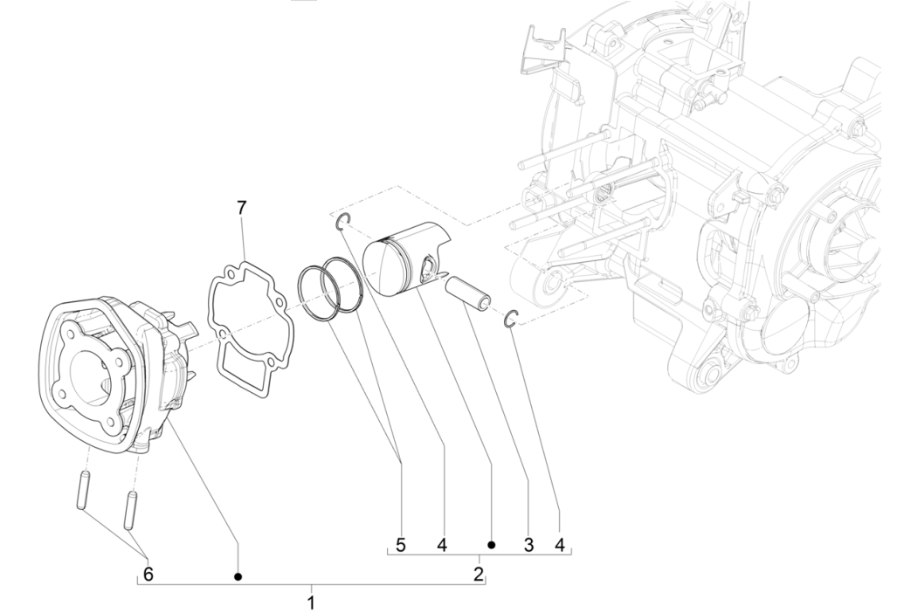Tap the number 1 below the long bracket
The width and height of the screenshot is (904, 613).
pyautogui.click(x=311, y=603)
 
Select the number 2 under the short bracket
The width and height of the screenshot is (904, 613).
pyautogui.click(x=478, y=574)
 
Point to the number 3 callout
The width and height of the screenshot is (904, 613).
pyautogui.click(x=528, y=545)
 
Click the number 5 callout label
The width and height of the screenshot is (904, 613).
pyautogui.click(x=400, y=545)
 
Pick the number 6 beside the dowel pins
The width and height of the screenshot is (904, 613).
pyautogui.click(x=148, y=574)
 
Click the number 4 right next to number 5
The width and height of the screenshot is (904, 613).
pyautogui.click(x=443, y=545)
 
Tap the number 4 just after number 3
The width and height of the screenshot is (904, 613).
pyautogui.click(x=559, y=545)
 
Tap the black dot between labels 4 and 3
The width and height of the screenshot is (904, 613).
pyautogui.click(x=492, y=545)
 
